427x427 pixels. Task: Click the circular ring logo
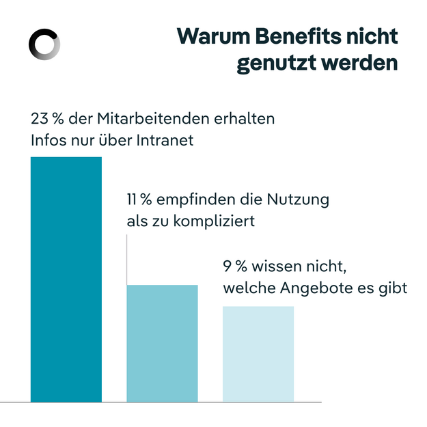click(x=44, y=45)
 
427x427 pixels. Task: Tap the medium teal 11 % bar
click(x=162, y=343)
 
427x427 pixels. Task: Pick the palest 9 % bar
click(x=258, y=353)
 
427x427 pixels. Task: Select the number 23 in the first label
click(x=39, y=118)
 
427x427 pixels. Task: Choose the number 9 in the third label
click(x=227, y=266)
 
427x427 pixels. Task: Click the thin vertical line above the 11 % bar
click(x=127, y=260)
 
